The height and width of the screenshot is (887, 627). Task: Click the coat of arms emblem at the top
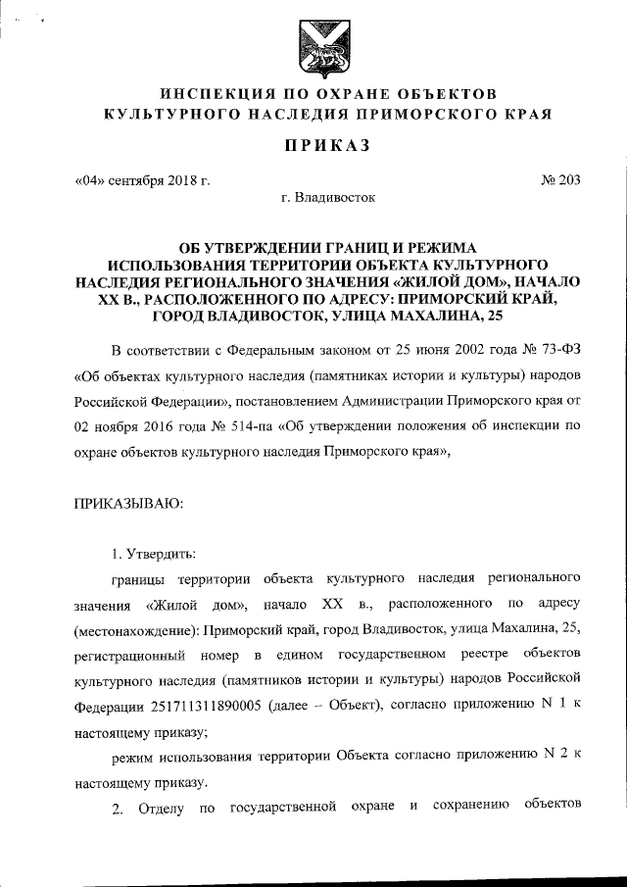pyautogui.click(x=313, y=50)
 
